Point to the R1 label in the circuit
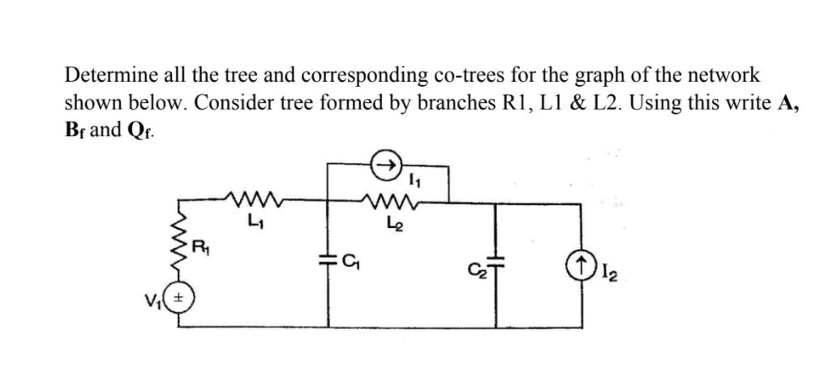[197, 244]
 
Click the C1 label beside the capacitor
[350, 261]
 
